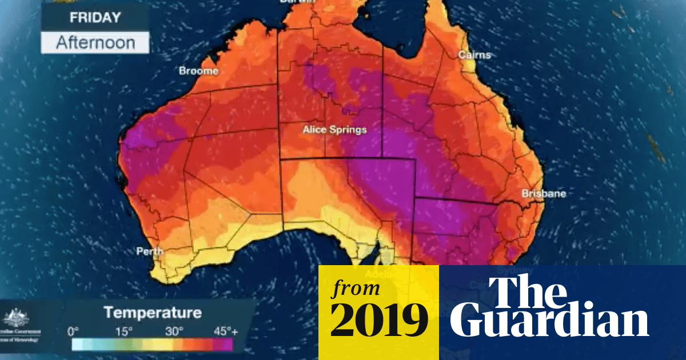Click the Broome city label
(198, 71)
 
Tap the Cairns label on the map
(474, 55)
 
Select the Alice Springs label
(334, 130)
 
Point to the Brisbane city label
(544, 194)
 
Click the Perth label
(149, 251)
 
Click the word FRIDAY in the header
(94, 17)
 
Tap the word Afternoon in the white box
(95, 43)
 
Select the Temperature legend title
(153, 313)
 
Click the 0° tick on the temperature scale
(73, 331)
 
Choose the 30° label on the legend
(174, 331)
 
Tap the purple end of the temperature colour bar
(226, 344)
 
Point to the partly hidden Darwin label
(297, 2)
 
